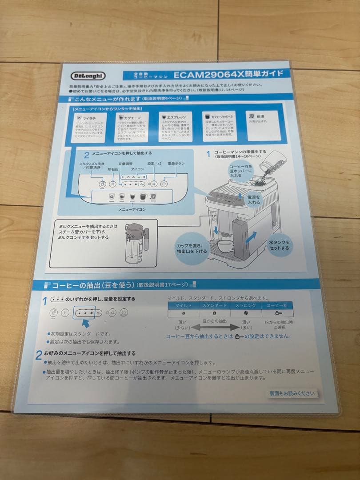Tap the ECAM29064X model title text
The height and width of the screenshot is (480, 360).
click(x=231, y=74)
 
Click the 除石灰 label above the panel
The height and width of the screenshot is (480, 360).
click(x=113, y=169)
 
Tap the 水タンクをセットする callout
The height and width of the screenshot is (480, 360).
click(x=279, y=245)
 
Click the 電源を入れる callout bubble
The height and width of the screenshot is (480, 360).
click(x=254, y=199)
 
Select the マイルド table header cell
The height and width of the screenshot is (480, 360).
click(x=183, y=306)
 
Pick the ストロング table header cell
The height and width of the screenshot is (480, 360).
click(x=245, y=306)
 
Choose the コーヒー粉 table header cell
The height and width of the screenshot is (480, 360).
click(x=277, y=306)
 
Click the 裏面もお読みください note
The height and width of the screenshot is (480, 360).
click(x=292, y=393)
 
